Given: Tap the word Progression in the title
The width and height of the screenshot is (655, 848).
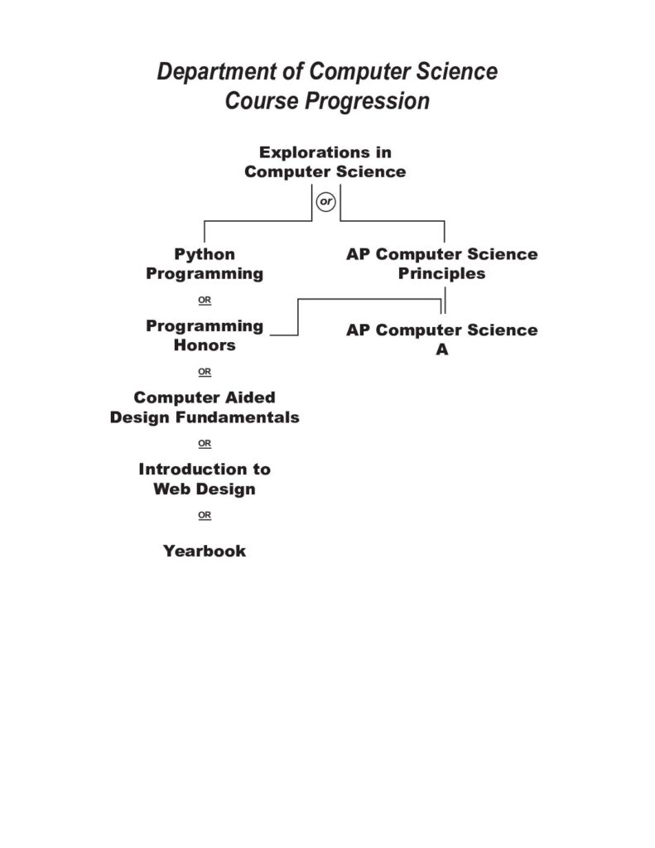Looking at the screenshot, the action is tap(368, 101).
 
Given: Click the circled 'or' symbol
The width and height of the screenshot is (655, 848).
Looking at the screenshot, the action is tap(325, 202).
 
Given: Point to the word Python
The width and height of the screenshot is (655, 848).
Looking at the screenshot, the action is tap(205, 255).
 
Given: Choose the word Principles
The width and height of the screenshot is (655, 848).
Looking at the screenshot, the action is tap(442, 273).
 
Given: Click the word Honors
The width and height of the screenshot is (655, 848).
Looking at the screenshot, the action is tap(205, 345).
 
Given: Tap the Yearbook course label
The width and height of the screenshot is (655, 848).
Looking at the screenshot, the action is tap(205, 551).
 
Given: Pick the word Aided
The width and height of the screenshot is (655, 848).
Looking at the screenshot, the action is tap(250, 397).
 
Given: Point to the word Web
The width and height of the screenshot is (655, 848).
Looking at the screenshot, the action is tap(168, 489).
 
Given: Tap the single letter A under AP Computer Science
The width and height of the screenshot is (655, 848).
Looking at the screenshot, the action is tap(442, 350).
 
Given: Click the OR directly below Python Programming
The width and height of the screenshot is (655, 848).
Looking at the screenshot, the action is tap(205, 300).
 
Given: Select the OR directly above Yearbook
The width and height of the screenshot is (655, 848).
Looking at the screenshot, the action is tap(205, 515).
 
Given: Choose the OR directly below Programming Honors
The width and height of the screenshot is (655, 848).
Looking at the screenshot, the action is tap(205, 372).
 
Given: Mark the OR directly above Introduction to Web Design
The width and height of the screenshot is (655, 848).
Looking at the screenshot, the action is tap(205, 444).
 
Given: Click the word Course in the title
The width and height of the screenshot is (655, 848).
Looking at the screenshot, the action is tap(262, 101).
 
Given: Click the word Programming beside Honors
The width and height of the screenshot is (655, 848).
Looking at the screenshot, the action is tap(205, 326).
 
